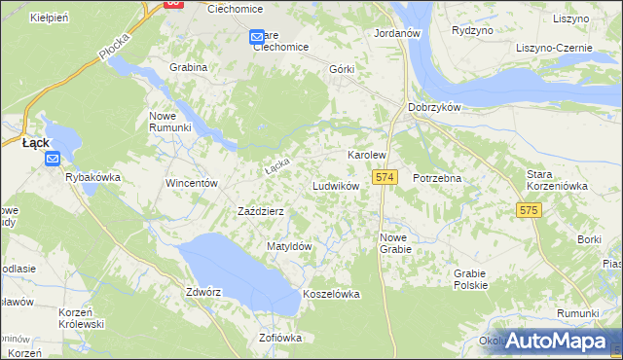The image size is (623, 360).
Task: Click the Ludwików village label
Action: pyautogui.click(x=336, y=185)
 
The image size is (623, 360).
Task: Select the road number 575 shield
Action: pyautogui.click(x=529, y=210)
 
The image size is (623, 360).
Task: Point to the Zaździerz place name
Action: pyautogui.click(x=261, y=211)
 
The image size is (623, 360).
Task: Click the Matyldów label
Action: pyautogui.click(x=289, y=246)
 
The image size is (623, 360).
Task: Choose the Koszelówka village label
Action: pyautogui.click(x=332, y=294)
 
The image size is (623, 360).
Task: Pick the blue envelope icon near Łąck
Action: pyautogui.click(x=52, y=160)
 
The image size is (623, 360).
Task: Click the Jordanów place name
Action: pyautogui.click(x=396, y=32)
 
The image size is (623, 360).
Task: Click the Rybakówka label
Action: pyautogui.click(x=92, y=177)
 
